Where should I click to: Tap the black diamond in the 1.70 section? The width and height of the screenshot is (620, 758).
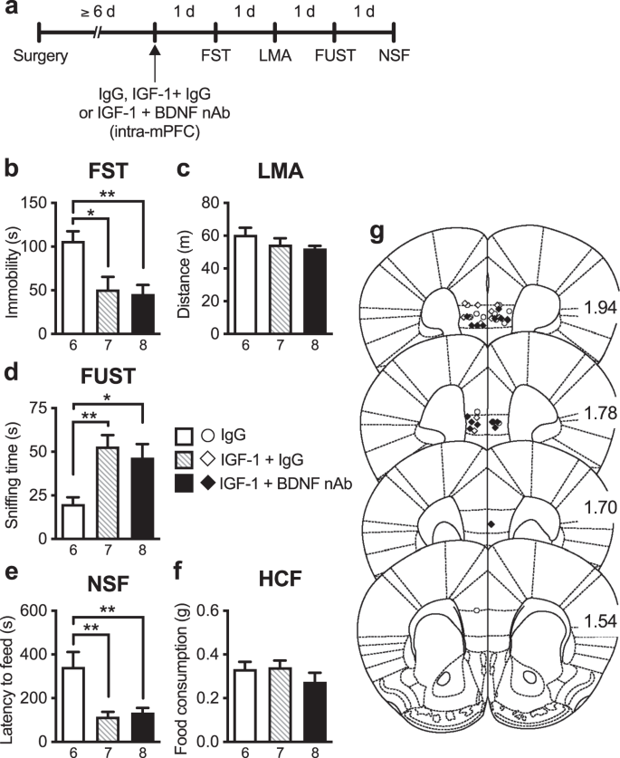(x=491, y=524)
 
